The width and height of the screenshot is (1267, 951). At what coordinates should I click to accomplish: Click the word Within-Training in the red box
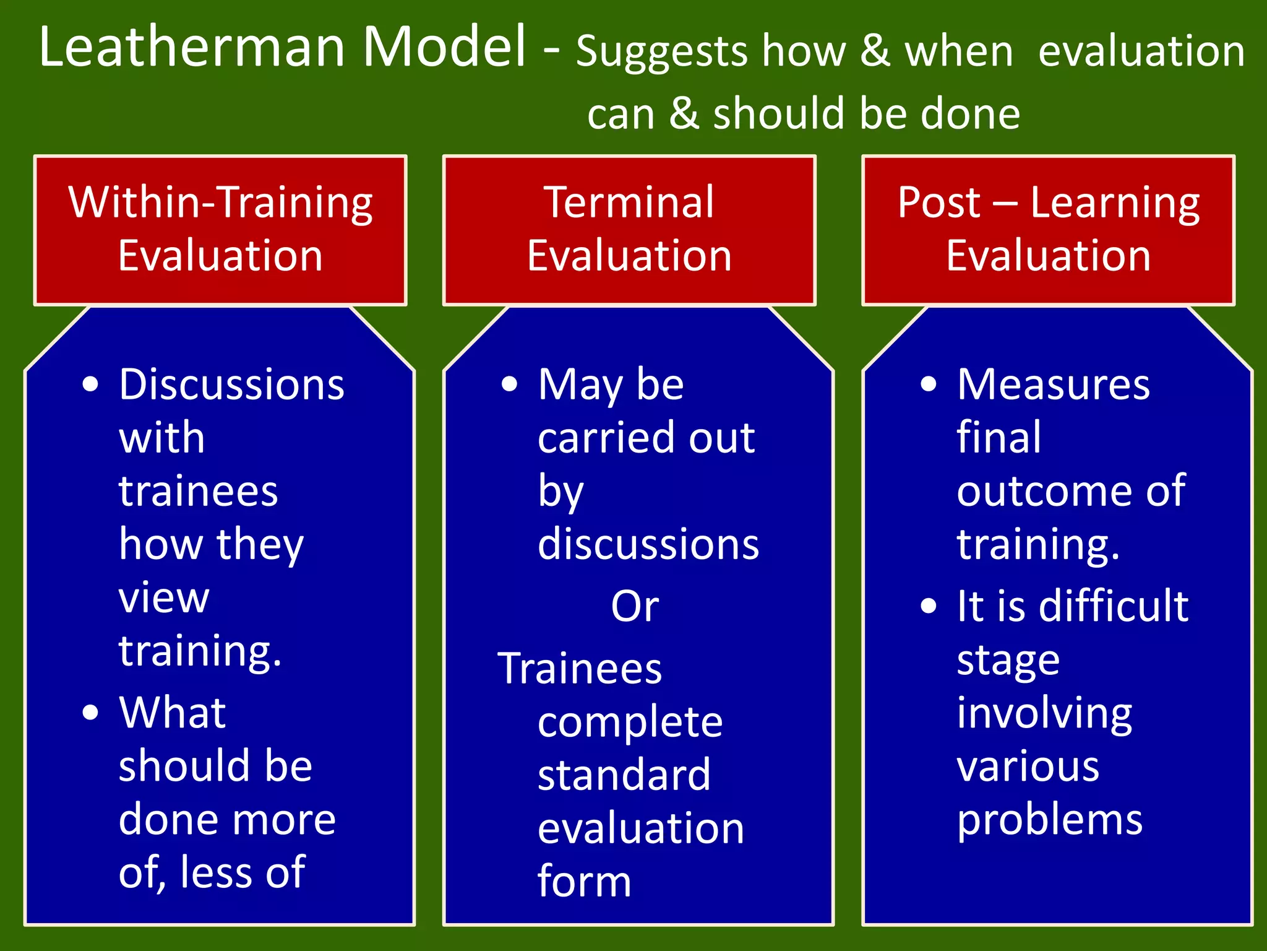tap(220, 203)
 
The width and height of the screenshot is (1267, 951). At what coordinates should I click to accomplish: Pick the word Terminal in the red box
tap(629, 203)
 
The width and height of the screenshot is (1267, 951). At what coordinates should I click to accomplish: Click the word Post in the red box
tap(938, 203)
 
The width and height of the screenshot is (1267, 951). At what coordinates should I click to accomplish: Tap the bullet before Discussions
tap(90, 384)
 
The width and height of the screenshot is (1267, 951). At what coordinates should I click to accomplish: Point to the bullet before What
tap(90, 713)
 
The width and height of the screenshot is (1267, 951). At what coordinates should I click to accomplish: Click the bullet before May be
tap(509, 384)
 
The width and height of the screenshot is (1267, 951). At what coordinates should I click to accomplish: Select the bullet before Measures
tap(928, 384)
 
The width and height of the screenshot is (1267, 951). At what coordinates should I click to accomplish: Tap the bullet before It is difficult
tap(928, 606)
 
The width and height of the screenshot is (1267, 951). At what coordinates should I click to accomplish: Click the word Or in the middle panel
tap(635, 607)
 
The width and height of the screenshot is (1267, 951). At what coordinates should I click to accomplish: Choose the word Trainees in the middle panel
tap(580, 669)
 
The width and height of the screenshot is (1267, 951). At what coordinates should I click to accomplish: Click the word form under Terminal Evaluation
tap(584, 882)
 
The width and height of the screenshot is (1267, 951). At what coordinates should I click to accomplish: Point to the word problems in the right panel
tap(1049, 821)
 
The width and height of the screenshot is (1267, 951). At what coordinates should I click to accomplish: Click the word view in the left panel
tap(164, 599)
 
